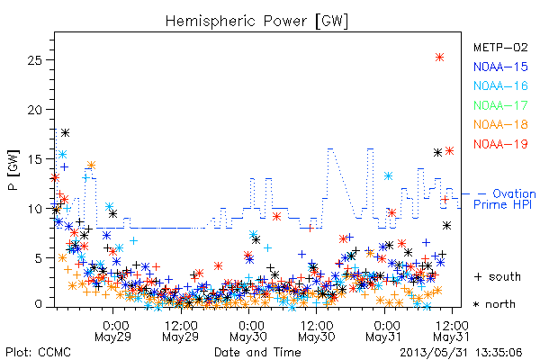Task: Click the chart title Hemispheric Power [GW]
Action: (x=256, y=22)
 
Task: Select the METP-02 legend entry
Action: (x=500, y=47)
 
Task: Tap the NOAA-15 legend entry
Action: (x=500, y=67)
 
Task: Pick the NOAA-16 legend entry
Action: (x=500, y=85)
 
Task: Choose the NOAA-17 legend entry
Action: (x=500, y=105)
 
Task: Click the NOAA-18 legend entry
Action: (x=500, y=124)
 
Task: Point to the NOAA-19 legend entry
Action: (x=500, y=144)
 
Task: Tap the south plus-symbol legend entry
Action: (x=497, y=276)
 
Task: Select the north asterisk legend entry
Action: (x=494, y=304)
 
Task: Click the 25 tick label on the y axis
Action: (x=34, y=60)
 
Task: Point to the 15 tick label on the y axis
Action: (x=34, y=159)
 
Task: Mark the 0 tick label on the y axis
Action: (x=39, y=304)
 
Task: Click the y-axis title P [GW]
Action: (x=13, y=170)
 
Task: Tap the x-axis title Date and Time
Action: (x=257, y=353)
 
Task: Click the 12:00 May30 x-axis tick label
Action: (x=317, y=331)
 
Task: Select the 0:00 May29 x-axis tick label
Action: (x=113, y=331)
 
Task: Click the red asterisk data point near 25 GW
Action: (x=439, y=58)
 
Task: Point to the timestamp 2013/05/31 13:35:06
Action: (x=461, y=353)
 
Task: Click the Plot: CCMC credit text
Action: (x=38, y=353)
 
